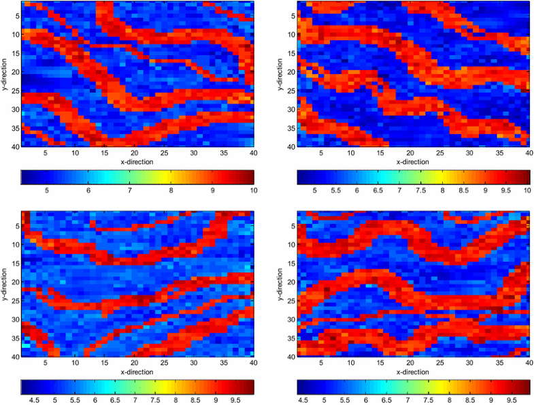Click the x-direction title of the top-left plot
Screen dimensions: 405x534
tap(137, 163)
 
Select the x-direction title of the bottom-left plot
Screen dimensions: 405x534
tap(137, 372)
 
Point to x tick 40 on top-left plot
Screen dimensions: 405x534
tap(252, 154)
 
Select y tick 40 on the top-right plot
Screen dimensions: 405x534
tap(291, 146)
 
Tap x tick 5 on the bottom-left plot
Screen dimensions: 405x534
tap(46, 363)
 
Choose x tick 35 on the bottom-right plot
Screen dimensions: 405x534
tap(501, 363)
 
